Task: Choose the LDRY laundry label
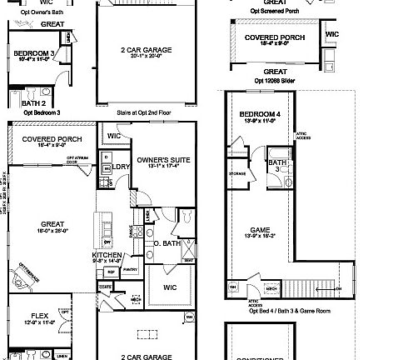pyautogui.click(x=122, y=167)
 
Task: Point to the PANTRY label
pyautogui.click(x=129, y=270)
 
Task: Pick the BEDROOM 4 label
pyautogui.click(x=256, y=115)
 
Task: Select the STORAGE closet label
pyautogui.click(x=237, y=174)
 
